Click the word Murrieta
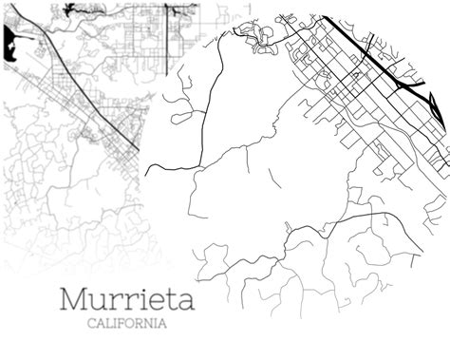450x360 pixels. (x=127, y=298)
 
